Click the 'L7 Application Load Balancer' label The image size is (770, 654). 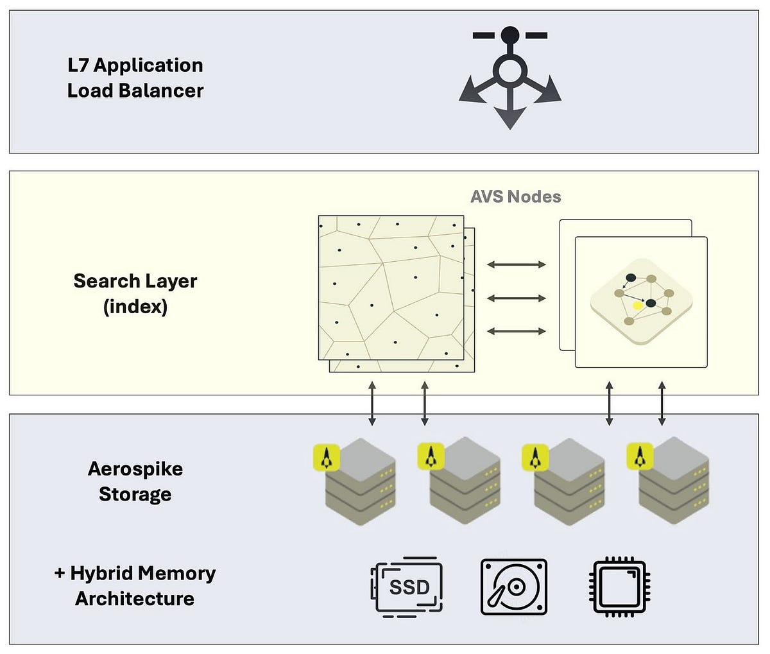point(135,78)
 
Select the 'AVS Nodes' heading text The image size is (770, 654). point(515,196)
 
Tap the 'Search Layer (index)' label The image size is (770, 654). point(135,293)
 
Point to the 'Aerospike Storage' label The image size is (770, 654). point(135,481)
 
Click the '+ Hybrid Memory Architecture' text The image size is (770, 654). point(135,585)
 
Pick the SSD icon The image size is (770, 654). point(407,587)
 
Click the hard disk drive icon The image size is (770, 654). point(514,587)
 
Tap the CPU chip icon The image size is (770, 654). point(620,587)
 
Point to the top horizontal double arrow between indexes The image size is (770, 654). point(516,264)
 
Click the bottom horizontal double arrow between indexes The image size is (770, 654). point(516,331)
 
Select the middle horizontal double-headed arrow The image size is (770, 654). point(516,298)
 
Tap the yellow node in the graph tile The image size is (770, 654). point(637,305)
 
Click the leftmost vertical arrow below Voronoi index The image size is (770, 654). point(372,403)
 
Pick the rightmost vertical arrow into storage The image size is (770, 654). point(662,403)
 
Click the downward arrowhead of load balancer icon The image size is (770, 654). point(510,119)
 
